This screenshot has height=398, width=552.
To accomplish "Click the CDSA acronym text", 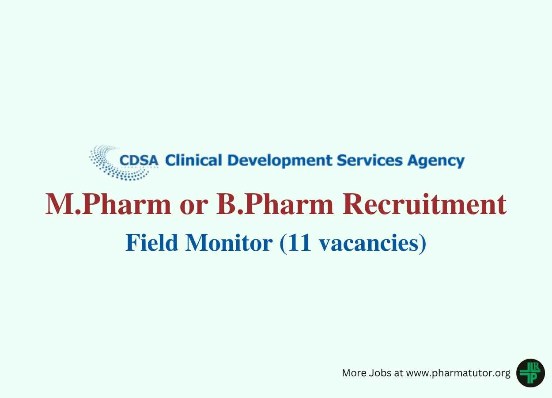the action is [139, 161].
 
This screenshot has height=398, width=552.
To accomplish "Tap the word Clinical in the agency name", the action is [194, 160].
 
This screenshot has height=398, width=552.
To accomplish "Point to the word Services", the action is [370, 160].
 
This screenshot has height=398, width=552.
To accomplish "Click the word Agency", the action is [436, 161].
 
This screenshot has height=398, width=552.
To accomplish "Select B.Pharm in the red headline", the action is [275, 205].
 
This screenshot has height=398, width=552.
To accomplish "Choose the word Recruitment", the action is [424, 205].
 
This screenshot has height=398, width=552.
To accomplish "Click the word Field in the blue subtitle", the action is [152, 243].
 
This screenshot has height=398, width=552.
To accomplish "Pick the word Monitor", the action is [229, 243].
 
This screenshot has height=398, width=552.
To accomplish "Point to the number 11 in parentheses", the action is [299, 243].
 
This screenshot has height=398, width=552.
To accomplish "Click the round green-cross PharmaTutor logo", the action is [530, 373].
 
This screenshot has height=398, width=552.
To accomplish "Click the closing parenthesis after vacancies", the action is [423, 244].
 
